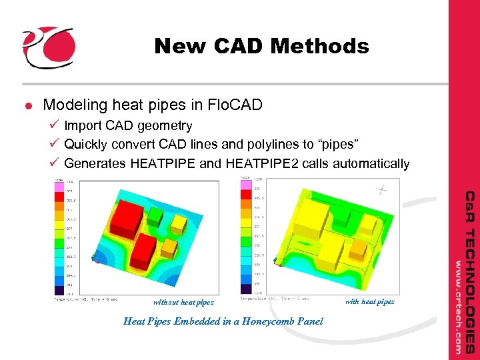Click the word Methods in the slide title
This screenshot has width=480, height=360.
325,46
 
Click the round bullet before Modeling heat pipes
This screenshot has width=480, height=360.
29,105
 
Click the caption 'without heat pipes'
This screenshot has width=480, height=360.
183,302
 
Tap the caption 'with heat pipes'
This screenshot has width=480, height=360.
369,301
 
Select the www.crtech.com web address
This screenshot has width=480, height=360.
459,306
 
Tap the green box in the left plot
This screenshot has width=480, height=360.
155,215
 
